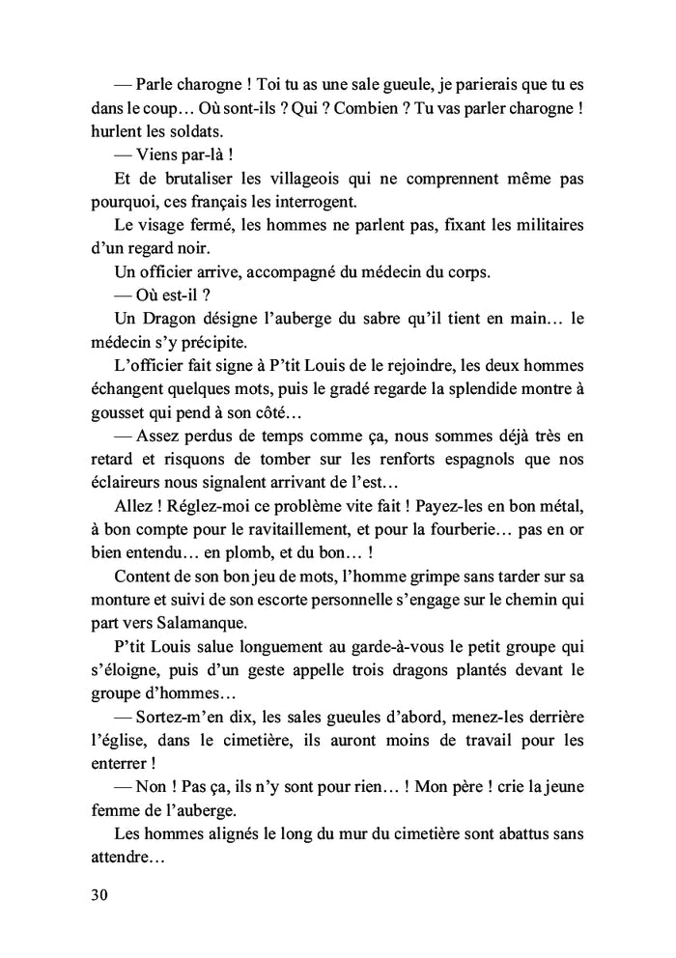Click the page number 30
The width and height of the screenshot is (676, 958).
pos(98,894)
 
